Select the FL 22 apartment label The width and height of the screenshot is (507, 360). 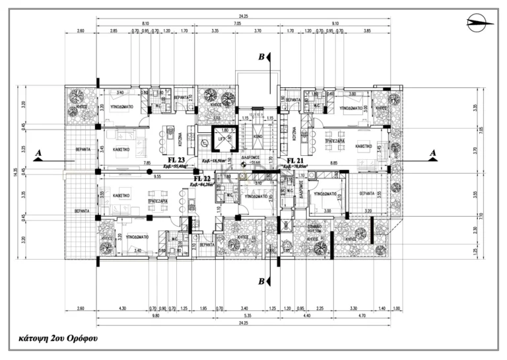point(201,178)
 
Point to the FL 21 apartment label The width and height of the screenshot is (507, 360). point(294,161)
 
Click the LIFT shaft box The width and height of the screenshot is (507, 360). point(222,139)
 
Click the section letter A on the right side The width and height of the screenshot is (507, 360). point(433,153)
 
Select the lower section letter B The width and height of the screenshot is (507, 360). point(262,282)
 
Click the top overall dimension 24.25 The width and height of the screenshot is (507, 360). point(253,17)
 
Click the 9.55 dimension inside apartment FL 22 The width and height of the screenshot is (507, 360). point(158,177)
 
